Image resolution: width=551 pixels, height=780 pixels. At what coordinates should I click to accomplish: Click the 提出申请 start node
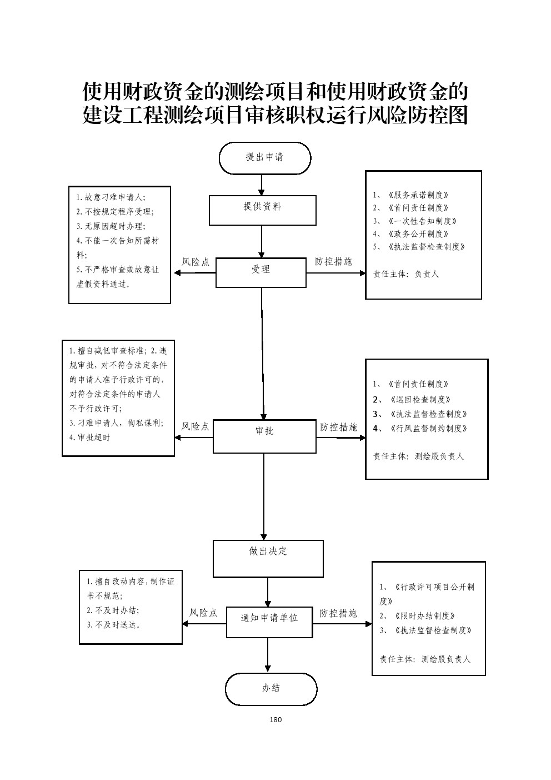[264, 158]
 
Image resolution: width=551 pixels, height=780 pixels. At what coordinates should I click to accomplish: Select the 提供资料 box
[262, 210]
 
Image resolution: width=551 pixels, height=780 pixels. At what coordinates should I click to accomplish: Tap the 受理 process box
[261, 272]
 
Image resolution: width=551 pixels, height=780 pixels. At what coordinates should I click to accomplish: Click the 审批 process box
[264, 436]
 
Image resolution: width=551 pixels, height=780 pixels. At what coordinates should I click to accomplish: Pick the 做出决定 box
[268, 558]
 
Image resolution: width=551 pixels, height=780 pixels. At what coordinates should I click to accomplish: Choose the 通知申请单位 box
[269, 622]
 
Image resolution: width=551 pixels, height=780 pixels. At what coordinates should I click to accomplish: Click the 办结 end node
[271, 689]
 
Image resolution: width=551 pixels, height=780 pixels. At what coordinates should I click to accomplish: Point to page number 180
[275, 719]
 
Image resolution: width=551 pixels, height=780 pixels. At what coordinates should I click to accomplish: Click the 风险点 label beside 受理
[196, 262]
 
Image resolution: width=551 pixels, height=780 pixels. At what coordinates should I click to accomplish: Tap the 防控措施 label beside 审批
[338, 427]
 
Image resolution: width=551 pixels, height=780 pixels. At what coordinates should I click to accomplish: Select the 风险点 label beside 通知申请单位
[203, 613]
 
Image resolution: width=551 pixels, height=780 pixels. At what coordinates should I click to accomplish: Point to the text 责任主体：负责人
[406, 274]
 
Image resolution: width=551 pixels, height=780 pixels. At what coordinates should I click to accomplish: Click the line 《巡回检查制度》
[419, 399]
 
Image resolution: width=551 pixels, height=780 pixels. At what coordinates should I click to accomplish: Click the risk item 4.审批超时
[90, 438]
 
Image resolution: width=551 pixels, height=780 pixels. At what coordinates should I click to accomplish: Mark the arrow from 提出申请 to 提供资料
[262, 185]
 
